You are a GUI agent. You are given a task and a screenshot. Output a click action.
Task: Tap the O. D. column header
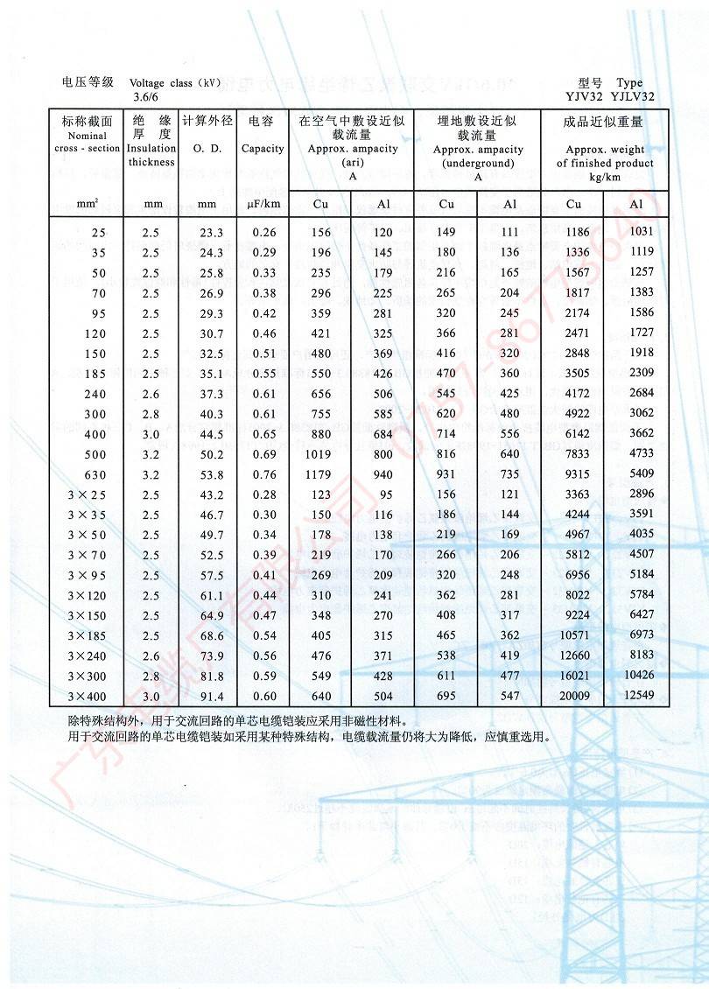point(207,149)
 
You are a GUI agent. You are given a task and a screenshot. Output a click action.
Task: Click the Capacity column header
point(263,149)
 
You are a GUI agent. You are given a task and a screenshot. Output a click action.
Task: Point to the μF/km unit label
point(263,205)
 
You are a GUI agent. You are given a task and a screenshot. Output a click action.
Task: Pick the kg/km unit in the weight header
point(604,177)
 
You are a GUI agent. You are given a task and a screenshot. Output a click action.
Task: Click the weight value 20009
point(573,696)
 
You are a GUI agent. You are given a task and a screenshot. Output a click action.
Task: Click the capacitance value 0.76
point(263,474)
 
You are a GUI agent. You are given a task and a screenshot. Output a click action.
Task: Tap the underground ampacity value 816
point(446,454)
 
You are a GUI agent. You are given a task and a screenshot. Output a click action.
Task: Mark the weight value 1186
point(573,233)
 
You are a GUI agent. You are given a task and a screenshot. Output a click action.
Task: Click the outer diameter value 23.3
point(211,233)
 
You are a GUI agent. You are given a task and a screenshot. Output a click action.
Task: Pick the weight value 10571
point(573,635)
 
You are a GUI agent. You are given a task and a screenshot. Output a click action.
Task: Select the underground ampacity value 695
point(446,696)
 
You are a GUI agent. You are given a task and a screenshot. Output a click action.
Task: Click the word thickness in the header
point(151,162)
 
